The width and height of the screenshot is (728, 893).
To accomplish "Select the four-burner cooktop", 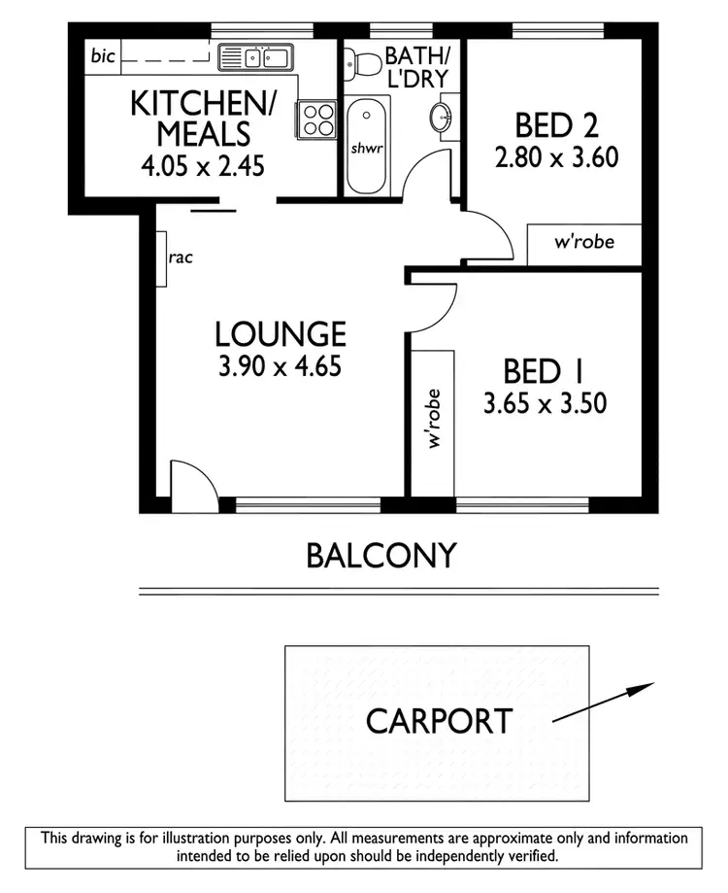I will pyautogui.click(x=315, y=119).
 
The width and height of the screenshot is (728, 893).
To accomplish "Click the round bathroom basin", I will pyautogui.click(x=441, y=118).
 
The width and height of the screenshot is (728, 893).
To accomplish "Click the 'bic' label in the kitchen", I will pyautogui.click(x=103, y=55).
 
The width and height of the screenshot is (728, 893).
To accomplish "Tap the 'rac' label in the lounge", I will pyautogui.click(x=181, y=258).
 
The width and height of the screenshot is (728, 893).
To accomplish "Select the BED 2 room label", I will pyautogui.click(x=556, y=126).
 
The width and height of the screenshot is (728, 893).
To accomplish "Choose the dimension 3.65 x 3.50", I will pyautogui.click(x=545, y=402).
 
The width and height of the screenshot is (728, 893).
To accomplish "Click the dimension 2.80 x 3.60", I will pyautogui.click(x=556, y=157).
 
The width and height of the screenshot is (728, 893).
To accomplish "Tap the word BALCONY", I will pyautogui.click(x=381, y=556).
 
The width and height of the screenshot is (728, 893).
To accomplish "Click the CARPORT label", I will pyautogui.click(x=439, y=721).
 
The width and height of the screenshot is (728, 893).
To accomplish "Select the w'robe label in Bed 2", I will pyautogui.click(x=584, y=242).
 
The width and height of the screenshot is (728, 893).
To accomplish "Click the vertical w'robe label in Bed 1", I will pyautogui.click(x=434, y=419).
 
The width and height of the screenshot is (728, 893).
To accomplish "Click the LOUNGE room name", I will pyautogui.click(x=280, y=334).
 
